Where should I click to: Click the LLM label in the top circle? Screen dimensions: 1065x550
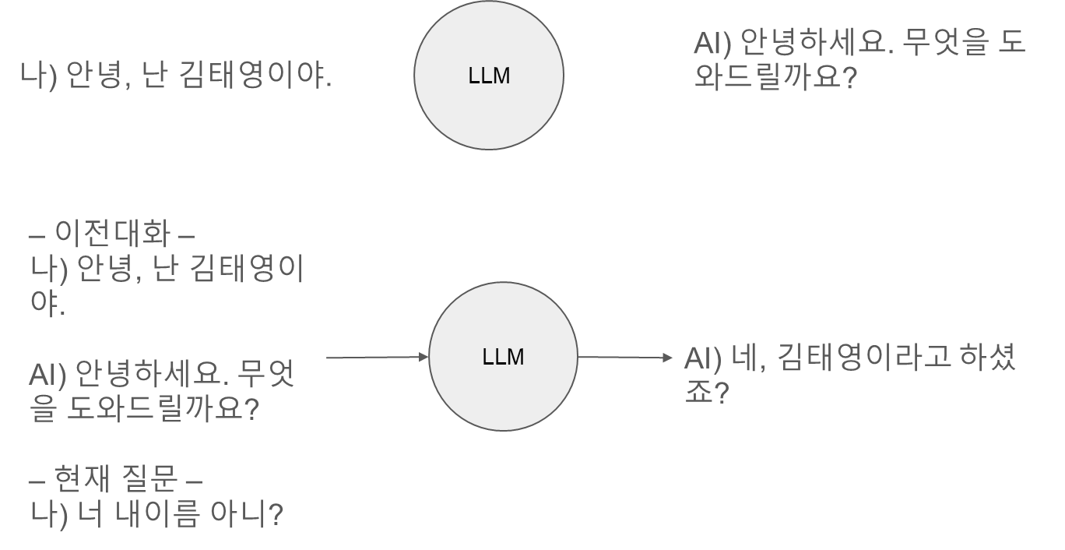click(x=489, y=76)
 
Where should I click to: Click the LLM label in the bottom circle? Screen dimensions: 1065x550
click(x=503, y=357)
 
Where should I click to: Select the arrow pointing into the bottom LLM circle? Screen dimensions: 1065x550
click(x=377, y=357)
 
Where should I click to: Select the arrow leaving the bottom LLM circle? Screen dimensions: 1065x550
click(x=624, y=357)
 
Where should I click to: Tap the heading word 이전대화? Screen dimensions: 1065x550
click(x=112, y=234)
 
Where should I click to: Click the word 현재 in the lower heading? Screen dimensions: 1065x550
click(x=82, y=478)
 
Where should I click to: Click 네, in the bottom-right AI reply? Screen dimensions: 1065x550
click(x=748, y=358)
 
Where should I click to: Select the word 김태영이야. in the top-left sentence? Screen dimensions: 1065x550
click(x=255, y=75)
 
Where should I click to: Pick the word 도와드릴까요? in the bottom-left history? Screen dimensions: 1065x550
click(x=163, y=408)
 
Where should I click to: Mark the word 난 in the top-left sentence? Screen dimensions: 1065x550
click(x=154, y=75)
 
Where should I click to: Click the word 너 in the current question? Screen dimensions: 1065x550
click(x=90, y=514)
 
